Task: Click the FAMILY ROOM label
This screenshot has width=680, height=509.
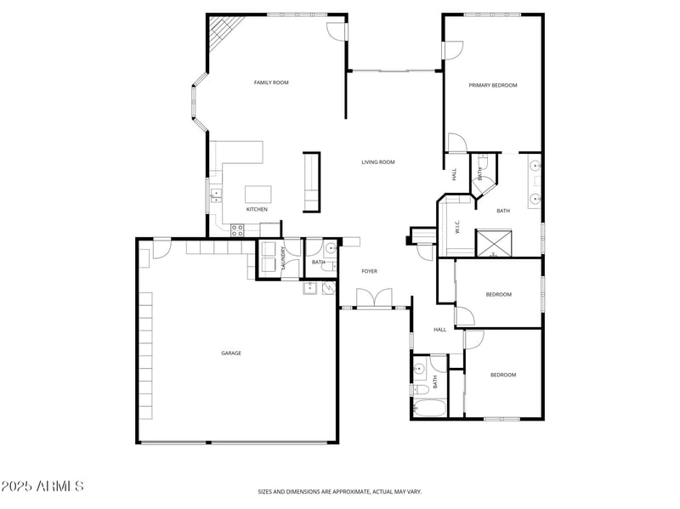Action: (x=271, y=82)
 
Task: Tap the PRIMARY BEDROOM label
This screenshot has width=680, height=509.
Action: (x=493, y=85)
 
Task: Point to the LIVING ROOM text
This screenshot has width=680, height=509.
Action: (x=378, y=162)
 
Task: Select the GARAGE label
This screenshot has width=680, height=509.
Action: (x=231, y=353)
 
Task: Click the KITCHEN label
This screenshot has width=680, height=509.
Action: (x=257, y=209)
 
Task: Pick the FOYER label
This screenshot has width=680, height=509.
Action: (x=369, y=271)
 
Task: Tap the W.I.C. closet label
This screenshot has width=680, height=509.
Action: (x=457, y=227)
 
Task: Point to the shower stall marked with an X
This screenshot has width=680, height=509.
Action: (x=494, y=242)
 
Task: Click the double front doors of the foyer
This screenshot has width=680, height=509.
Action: (x=374, y=298)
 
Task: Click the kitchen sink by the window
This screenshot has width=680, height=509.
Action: (x=215, y=198)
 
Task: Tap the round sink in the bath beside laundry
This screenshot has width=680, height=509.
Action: (x=330, y=249)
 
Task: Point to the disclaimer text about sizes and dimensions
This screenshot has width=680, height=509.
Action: (x=340, y=491)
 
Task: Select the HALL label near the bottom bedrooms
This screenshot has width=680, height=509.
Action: (x=439, y=330)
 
